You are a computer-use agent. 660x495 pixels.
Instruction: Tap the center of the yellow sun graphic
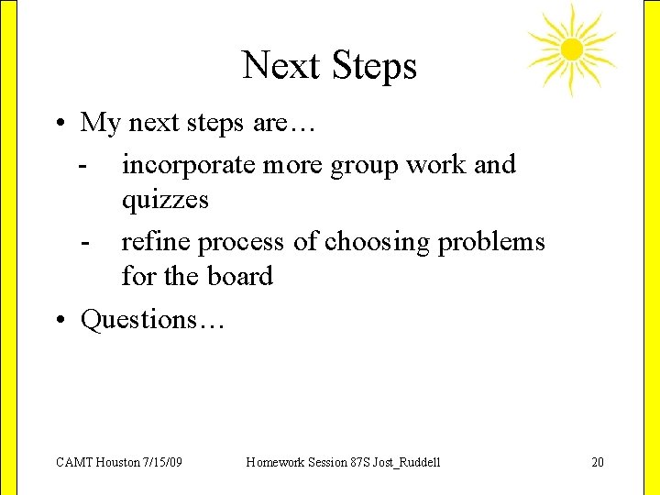point(571,49)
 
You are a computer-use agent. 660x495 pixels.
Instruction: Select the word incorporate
point(190,166)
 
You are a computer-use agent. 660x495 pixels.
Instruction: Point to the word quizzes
point(165,200)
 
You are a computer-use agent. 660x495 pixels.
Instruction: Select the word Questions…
point(152,320)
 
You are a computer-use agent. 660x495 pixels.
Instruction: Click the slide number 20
point(598,462)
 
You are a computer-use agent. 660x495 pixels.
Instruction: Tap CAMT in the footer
point(73,462)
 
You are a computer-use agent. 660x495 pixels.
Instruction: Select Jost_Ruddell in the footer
point(407,462)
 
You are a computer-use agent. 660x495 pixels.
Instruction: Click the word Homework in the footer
point(277,462)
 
